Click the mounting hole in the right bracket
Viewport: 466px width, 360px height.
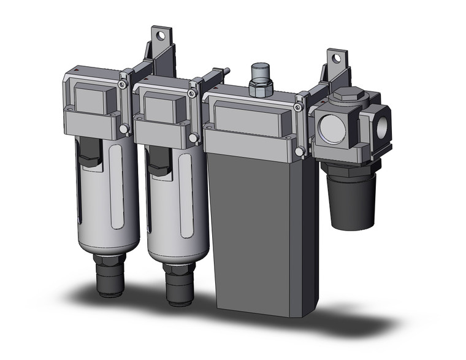coord(334,59)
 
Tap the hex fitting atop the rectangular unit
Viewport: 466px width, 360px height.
coord(260,84)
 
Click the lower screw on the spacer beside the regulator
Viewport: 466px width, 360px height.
coord(300,151)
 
